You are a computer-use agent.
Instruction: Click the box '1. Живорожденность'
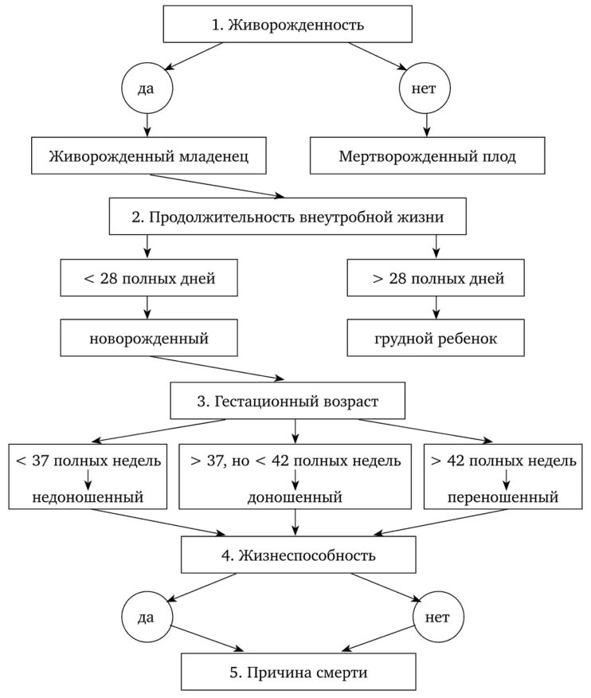click(288, 25)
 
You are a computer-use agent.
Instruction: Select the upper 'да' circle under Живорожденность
click(146, 89)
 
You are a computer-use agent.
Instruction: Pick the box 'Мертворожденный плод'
click(427, 157)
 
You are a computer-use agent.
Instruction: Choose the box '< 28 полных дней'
click(148, 279)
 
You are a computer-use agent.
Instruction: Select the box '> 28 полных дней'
click(436, 279)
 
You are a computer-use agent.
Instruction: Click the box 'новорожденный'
click(148, 339)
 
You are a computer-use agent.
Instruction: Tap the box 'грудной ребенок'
click(436, 339)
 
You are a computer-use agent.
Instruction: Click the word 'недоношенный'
click(88, 498)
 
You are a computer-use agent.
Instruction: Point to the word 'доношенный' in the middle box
click(295, 498)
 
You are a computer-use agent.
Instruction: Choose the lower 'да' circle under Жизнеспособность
click(146, 618)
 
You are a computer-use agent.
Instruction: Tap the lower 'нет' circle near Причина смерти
click(437, 618)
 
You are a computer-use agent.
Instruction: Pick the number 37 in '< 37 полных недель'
click(41, 461)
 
